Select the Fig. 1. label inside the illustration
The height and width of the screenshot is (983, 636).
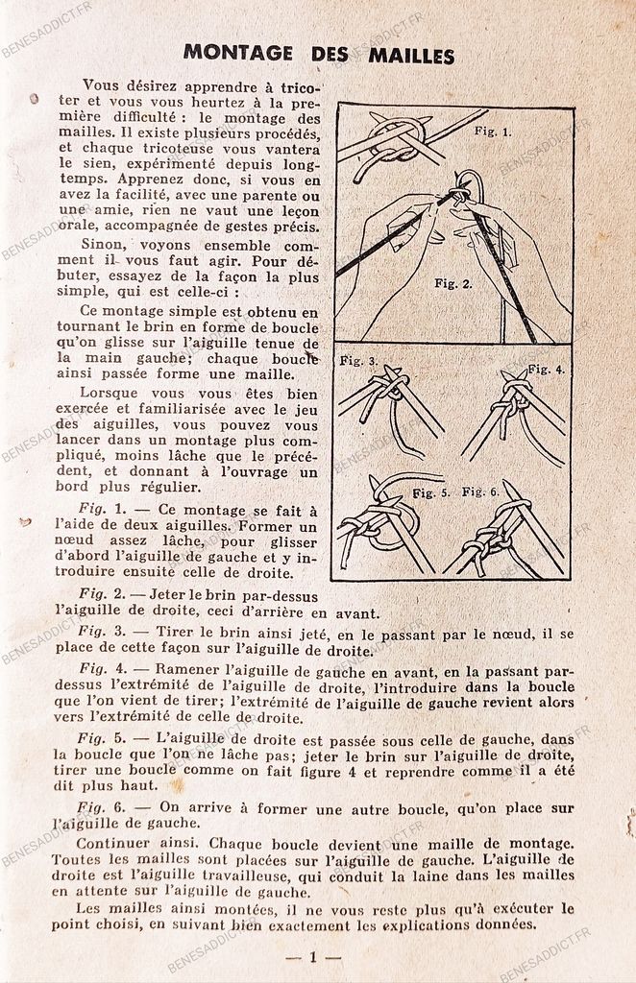click(x=493, y=132)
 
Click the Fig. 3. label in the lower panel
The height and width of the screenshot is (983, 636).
click(x=358, y=361)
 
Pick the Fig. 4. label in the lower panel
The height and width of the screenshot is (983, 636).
click(x=547, y=369)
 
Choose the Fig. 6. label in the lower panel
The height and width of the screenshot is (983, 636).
click(x=480, y=491)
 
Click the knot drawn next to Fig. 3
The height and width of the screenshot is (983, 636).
click(x=389, y=389)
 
